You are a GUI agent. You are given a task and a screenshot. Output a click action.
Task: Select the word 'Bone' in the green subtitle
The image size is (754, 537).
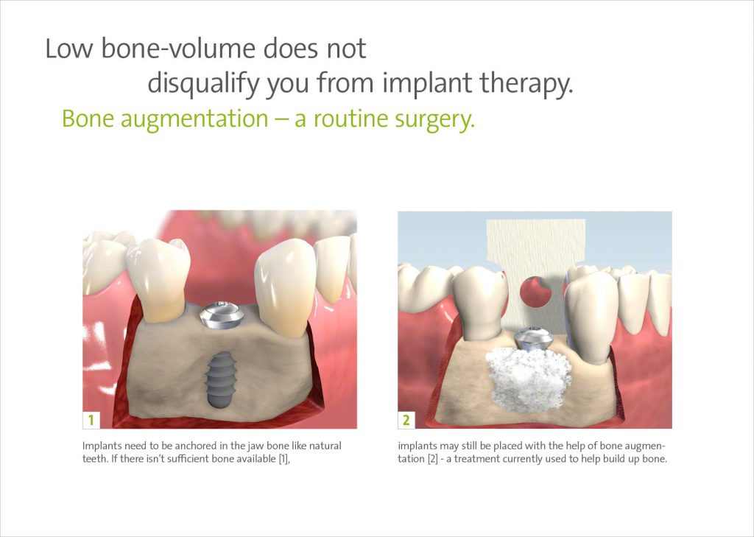point(88,119)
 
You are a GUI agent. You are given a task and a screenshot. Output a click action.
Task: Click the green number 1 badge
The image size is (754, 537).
point(91,420)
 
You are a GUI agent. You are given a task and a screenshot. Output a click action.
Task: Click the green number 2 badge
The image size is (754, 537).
point(406,420)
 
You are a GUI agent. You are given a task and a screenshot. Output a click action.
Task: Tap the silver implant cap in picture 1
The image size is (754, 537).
point(221,315)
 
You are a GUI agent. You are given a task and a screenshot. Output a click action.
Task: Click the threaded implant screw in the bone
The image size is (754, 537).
point(220,379)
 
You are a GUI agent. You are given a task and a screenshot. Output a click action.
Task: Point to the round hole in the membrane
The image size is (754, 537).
point(536,291)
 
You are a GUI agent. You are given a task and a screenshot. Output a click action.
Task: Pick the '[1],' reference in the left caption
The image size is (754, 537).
point(285,459)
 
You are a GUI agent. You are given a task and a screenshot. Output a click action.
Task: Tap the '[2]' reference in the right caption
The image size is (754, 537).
point(433,459)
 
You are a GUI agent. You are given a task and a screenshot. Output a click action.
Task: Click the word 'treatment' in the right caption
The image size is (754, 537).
point(474,459)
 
